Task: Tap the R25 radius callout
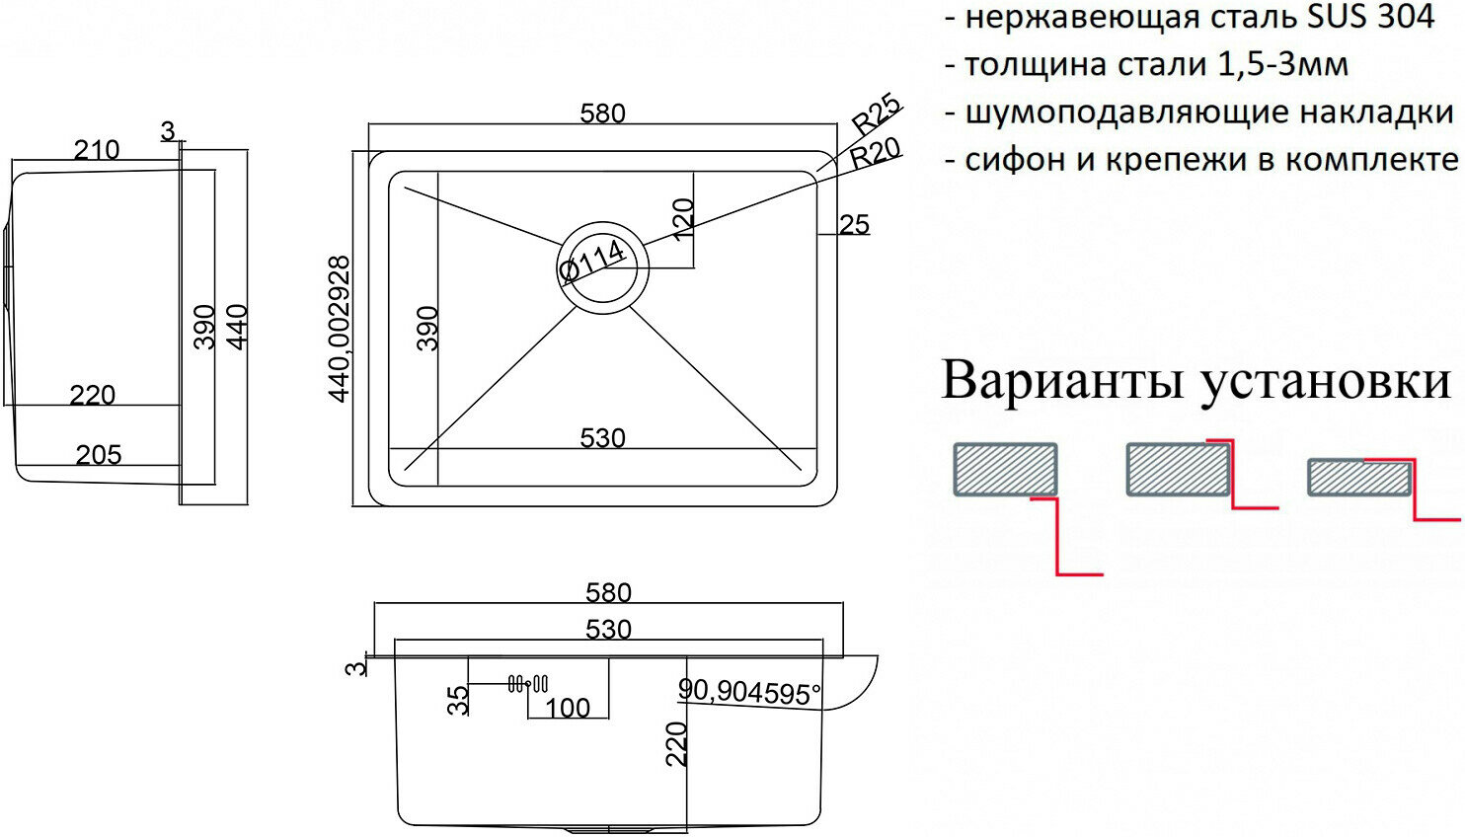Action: click(876, 114)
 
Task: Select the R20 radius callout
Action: click(876, 153)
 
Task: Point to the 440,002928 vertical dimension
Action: click(340, 329)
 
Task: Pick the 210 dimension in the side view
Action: click(97, 150)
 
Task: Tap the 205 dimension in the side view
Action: click(99, 455)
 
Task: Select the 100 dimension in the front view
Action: click(568, 708)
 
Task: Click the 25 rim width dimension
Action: click(854, 225)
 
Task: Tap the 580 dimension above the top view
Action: click(602, 114)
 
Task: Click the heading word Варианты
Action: click(1061, 380)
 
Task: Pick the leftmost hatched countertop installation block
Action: click(1005, 469)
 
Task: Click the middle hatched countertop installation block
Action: click(1178, 470)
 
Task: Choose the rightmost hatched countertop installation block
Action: click(1357, 477)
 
